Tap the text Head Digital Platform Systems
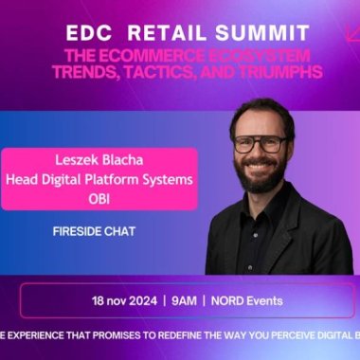[x=111, y=178]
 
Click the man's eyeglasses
[x=261, y=145]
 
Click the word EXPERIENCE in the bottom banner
[x=40, y=334]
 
